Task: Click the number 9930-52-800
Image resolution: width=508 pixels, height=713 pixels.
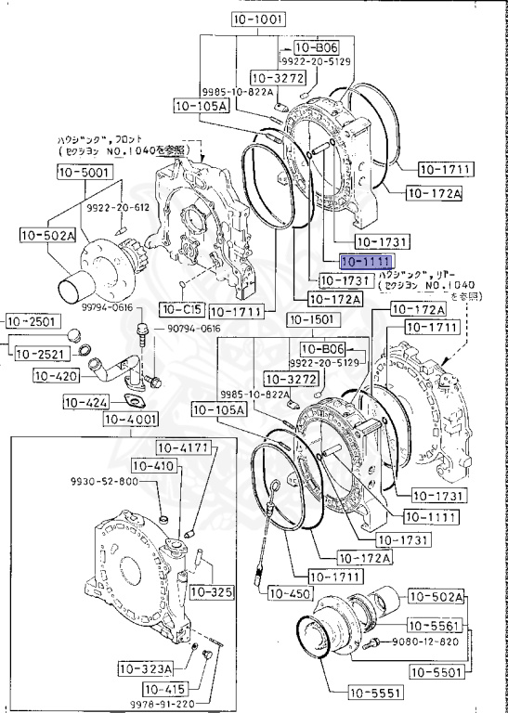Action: click(103, 482)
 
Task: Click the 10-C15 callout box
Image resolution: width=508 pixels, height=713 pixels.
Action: click(180, 308)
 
